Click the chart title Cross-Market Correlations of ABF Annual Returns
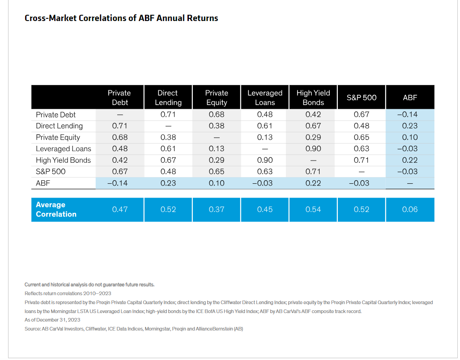121,18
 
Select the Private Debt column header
119,97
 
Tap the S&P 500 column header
362,97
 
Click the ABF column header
410,97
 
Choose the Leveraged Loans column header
265,97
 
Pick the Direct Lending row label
59,126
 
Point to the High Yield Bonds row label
63,160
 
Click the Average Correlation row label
56,209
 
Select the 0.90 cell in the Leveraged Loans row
313,148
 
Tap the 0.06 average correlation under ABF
410,209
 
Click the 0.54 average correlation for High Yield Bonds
313,209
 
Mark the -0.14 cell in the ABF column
410,114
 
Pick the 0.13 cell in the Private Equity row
265,137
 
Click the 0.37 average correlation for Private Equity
217,209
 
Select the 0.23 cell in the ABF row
168,183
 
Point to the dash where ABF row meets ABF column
410,183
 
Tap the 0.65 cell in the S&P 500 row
217,171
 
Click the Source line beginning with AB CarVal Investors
134,329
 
